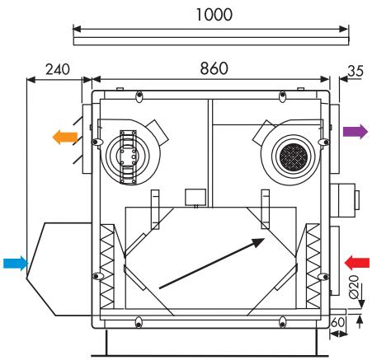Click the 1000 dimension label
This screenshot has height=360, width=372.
click(214, 15)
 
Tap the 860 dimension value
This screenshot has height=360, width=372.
click(214, 68)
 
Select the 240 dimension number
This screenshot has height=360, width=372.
click(58, 69)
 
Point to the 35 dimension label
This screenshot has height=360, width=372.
click(356, 71)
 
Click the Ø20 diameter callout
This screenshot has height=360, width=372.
click(354, 287)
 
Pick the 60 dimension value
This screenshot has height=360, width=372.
click(337, 322)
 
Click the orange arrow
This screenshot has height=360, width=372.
click(65, 138)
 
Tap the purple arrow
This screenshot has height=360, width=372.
click(356, 132)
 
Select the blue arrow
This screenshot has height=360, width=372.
click(16, 264)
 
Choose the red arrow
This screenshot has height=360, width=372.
click(357, 263)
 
